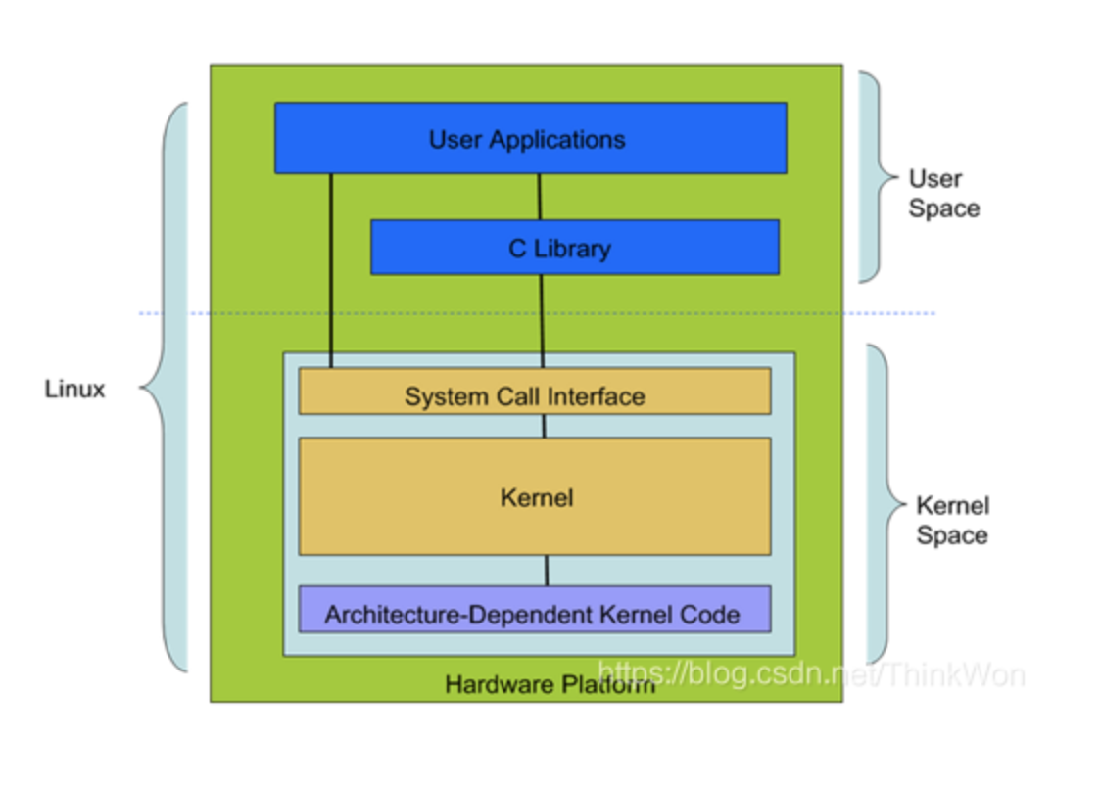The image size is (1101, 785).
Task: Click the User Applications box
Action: tap(531, 138)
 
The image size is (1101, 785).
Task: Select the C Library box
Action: tap(575, 247)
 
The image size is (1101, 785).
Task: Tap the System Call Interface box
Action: tap(535, 392)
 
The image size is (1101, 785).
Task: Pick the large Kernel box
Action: tap(535, 496)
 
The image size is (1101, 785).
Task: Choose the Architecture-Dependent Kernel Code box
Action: tap(535, 609)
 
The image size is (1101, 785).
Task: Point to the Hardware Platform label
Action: tap(550, 684)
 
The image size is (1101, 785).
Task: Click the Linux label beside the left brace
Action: tap(74, 389)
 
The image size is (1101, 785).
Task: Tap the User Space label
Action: tap(943, 194)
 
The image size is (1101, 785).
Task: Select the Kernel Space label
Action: tap(952, 520)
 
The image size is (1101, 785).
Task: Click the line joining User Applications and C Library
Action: tap(540, 197)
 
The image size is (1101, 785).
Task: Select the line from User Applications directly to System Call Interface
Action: tap(331, 270)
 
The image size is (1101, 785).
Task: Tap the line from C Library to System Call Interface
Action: tap(542, 321)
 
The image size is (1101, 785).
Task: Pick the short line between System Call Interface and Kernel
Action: tap(545, 426)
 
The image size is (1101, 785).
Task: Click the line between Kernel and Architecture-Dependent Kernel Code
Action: tap(547, 571)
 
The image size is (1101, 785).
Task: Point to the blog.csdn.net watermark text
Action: tap(812, 674)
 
